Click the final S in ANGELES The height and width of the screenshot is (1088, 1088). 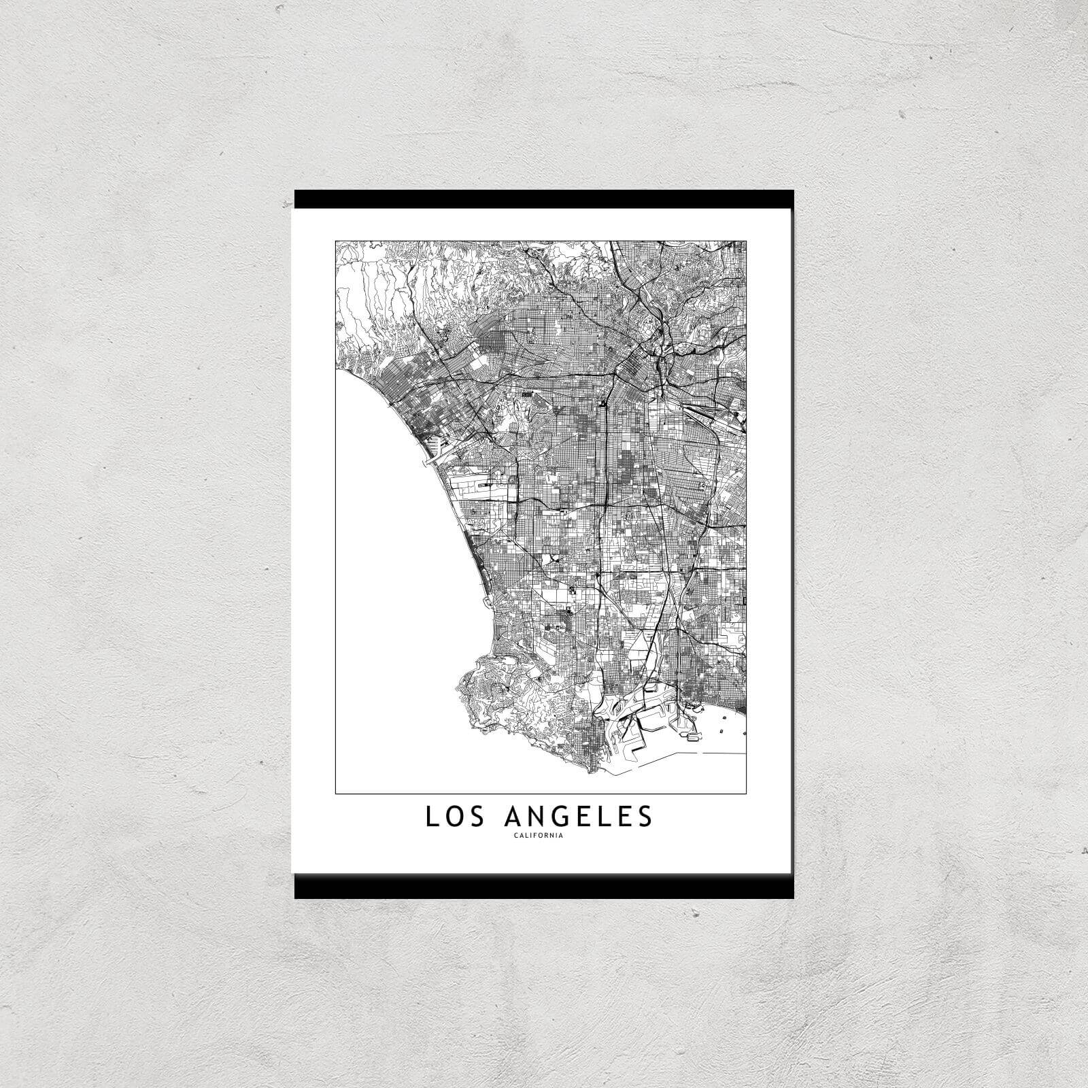coord(645,817)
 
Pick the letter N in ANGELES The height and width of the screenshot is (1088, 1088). coord(540,817)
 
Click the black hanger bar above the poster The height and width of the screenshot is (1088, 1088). coord(543,198)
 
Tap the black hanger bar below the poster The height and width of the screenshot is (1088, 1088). coord(543,887)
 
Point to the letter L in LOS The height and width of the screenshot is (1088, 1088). coord(431,817)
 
